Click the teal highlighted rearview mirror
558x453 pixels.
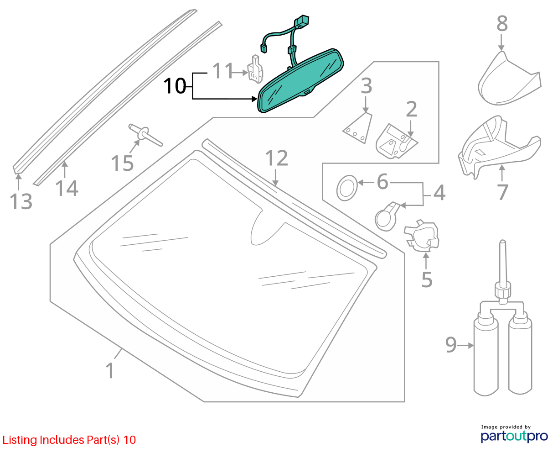point(300,80)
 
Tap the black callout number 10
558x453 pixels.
point(175,86)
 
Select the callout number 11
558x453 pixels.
point(222,71)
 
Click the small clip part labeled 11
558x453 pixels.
point(255,69)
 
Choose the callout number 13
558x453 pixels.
point(21,201)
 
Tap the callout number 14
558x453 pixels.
point(67,188)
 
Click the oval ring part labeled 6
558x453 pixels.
point(347,188)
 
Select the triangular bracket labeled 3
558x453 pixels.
point(357,128)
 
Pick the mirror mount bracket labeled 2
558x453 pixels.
point(396,142)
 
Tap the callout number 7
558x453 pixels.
point(502,192)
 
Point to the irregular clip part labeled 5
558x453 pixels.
point(422,234)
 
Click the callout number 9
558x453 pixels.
point(451,345)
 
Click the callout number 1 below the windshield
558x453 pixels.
point(110,370)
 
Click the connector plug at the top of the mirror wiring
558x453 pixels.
point(302,21)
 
